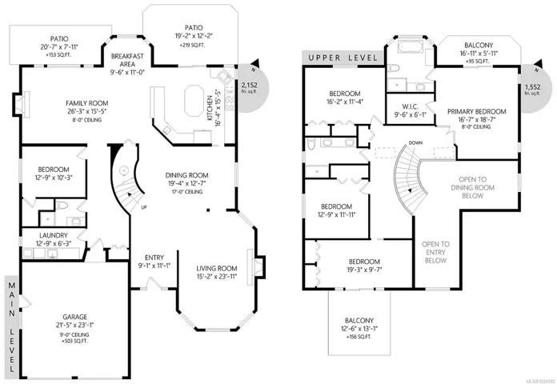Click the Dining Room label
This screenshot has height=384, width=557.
pyautogui.click(x=186, y=180)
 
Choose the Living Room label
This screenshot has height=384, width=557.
pyautogui.click(x=217, y=272)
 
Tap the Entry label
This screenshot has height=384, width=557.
pyautogui.click(x=152, y=262)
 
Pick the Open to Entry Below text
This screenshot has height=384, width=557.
pyautogui.click(x=435, y=252)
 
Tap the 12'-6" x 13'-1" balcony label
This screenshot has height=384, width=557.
pyautogui.click(x=359, y=326)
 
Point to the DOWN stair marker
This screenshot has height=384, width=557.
pyautogui.click(x=415, y=143)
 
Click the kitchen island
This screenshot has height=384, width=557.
pyautogui.click(x=194, y=100)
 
